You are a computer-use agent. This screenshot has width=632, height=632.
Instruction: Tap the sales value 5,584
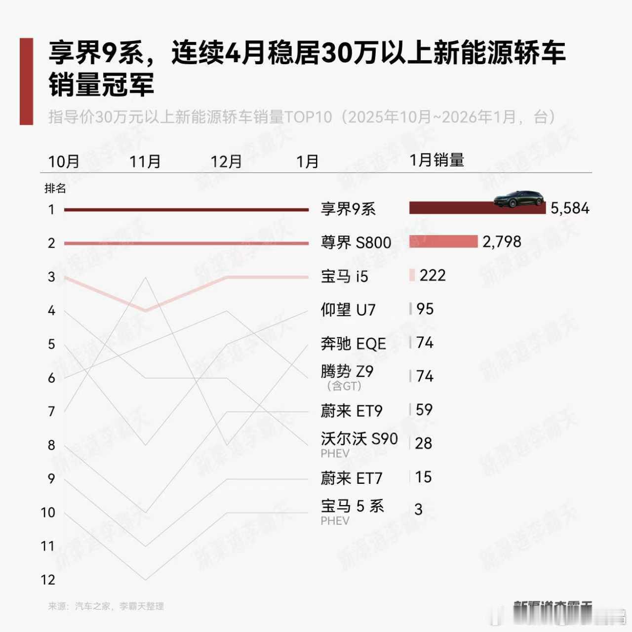coord(570,208)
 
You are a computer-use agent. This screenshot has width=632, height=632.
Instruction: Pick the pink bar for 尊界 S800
coord(443,241)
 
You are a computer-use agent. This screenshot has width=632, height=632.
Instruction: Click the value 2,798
coord(502,241)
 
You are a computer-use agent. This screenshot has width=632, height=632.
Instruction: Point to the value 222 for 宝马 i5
coord(433,275)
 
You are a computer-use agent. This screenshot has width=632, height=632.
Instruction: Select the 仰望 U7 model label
coord(348,310)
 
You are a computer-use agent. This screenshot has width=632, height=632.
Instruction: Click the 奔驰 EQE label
coord(353,343)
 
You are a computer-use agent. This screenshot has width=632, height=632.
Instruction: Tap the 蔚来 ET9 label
coord(351,411)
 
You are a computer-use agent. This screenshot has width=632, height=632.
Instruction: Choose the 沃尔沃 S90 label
coord(359,438)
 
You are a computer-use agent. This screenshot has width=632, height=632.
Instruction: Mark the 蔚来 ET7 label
coord(351,478)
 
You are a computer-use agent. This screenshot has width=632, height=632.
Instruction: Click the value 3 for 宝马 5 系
coord(418,510)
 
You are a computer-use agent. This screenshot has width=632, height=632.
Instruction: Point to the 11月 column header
coord(145,161)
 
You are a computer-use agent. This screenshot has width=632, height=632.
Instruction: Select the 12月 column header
coord(226,161)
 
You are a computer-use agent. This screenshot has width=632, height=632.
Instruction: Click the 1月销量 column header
coord(437,160)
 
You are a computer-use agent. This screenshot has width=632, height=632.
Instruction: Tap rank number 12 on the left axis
coord(48,580)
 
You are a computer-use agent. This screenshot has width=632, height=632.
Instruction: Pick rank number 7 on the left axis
coord(51,411)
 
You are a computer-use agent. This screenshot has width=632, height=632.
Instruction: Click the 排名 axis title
coord(55,188)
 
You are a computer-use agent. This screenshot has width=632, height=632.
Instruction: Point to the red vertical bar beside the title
coord(26,81)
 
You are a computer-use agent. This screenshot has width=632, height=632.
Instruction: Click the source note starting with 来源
coord(106,606)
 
